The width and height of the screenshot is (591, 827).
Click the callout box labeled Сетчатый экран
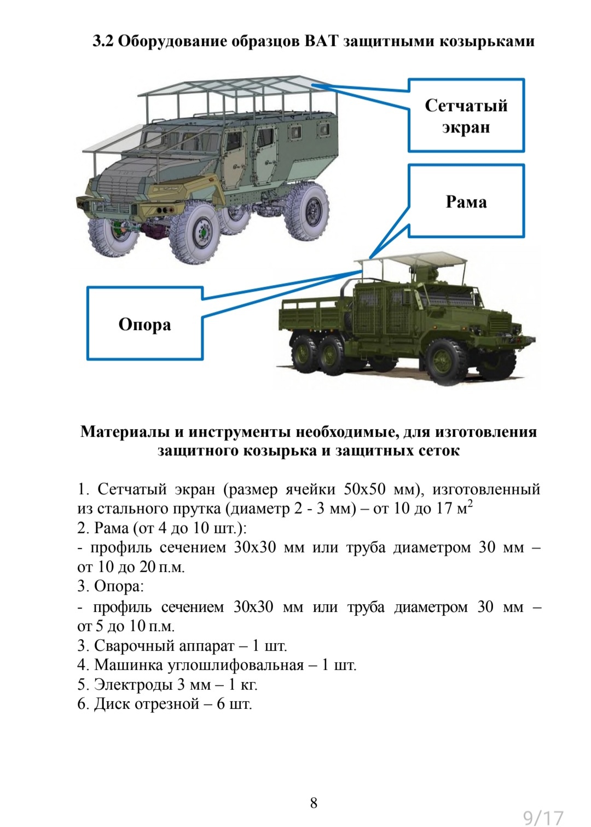(466, 115)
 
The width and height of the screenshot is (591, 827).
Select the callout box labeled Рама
(466, 201)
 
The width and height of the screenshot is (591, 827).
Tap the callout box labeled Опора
(145, 324)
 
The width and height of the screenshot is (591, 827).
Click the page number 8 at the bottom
(314, 802)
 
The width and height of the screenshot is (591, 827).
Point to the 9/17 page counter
(543, 817)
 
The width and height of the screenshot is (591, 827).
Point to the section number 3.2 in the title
(103, 41)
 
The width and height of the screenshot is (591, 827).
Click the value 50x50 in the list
(364, 489)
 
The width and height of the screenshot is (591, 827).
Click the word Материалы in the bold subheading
(125, 431)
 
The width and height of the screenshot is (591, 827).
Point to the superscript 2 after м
(470, 504)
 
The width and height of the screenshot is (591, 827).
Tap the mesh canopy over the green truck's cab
(416, 261)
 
